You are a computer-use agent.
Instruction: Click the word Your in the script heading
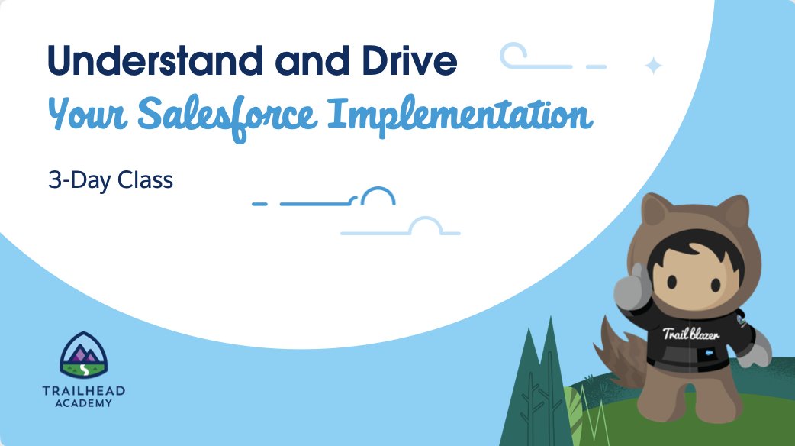pos(82,115)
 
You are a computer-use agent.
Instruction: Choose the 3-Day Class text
pos(111,181)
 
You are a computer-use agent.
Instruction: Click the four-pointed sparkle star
pos(653,66)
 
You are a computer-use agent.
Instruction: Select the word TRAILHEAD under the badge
pos(84,391)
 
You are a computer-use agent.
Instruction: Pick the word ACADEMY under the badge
pos(84,403)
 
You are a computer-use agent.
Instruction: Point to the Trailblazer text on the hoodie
pos(690,334)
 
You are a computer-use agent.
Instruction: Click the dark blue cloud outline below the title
pos(378,198)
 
